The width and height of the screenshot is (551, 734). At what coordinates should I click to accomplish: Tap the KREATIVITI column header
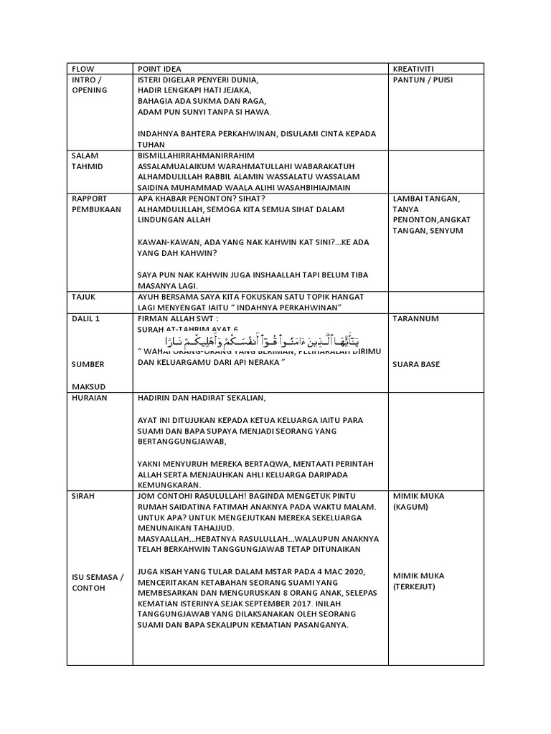[x=413, y=69]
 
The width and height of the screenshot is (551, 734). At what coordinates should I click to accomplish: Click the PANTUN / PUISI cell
[x=423, y=80]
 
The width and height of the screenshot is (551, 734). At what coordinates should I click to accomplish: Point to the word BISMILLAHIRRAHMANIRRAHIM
[x=196, y=155]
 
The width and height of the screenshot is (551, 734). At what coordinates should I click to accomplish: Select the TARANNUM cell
[x=415, y=318]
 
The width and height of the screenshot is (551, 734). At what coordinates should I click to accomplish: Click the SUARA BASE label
[x=416, y=364]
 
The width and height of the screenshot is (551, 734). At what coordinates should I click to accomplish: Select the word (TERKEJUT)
[x=415, y=586]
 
